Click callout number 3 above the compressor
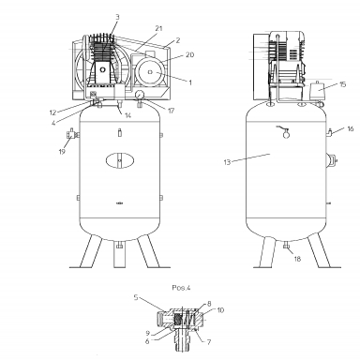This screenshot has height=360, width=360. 117,17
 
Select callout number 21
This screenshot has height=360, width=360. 159,28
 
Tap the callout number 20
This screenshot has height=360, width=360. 189,54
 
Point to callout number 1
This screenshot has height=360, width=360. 189,82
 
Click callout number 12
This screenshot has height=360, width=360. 52,112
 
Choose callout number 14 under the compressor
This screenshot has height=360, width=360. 127,115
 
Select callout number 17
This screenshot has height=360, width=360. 171,111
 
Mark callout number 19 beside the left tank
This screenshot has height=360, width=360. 62,152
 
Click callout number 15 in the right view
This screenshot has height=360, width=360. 343,84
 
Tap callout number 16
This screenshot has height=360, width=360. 351,128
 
